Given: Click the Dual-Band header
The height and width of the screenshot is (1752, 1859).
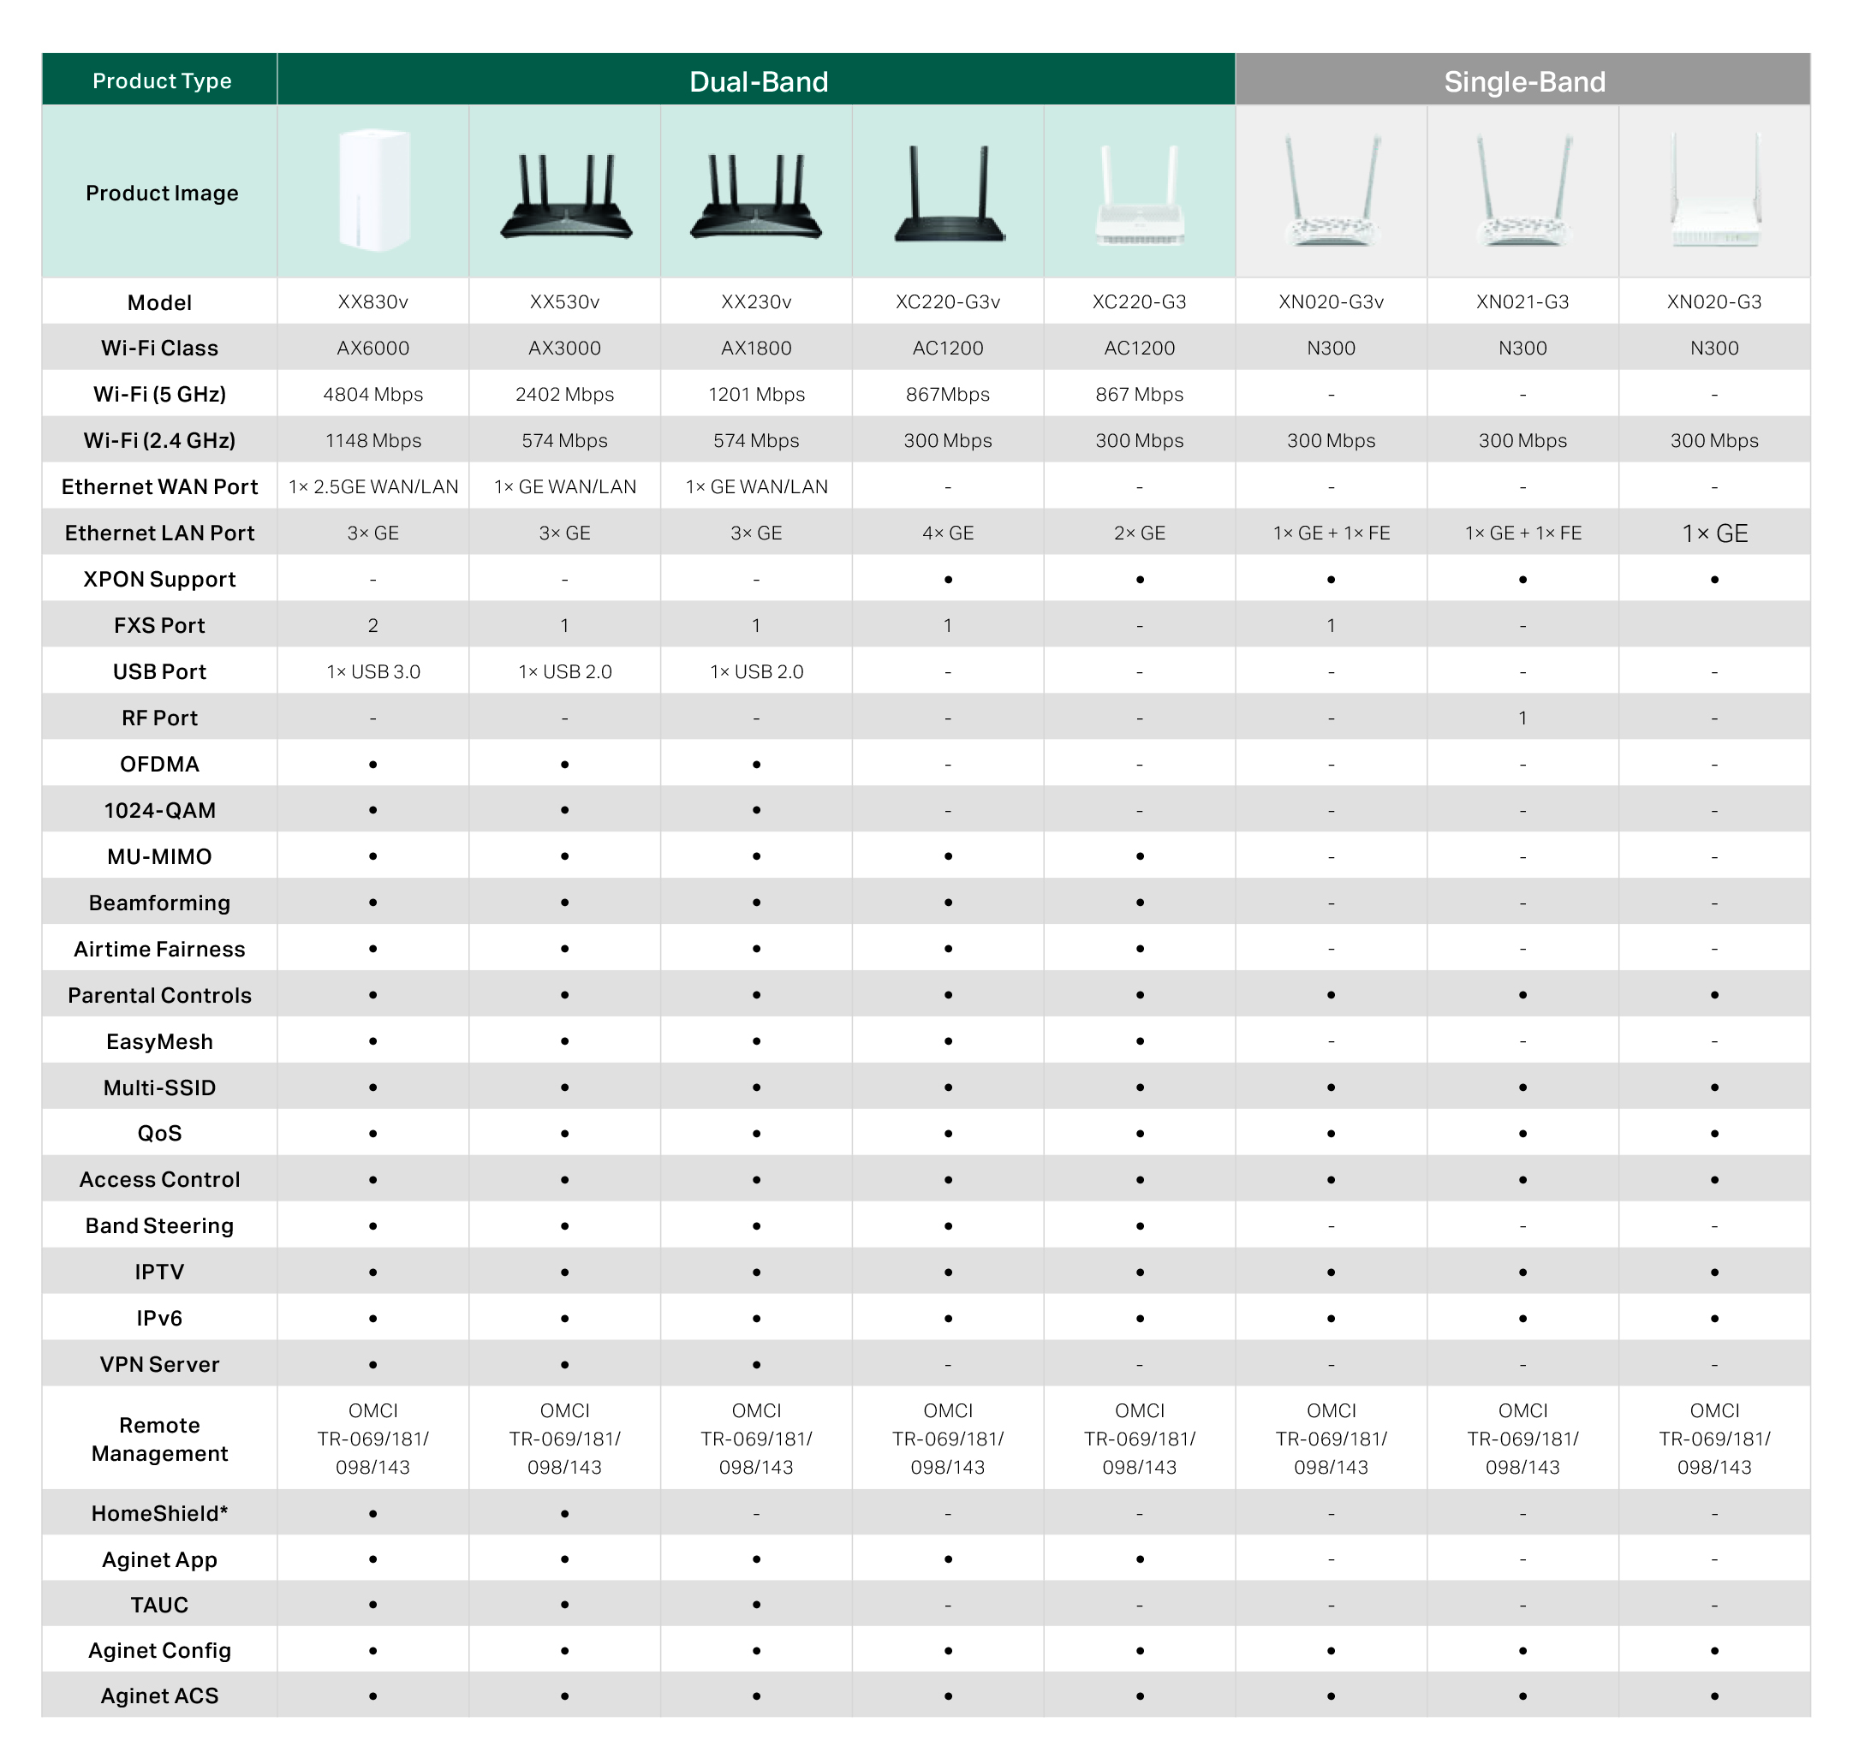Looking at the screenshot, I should coord(758,81).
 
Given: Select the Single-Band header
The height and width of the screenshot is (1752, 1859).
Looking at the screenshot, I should coord(1524,81).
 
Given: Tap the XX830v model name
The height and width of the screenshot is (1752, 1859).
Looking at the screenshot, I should coord(372,302).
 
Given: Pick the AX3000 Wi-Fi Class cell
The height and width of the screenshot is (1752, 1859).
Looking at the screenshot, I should coord(564,348).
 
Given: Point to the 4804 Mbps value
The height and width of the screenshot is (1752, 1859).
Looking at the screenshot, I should coord(372,395).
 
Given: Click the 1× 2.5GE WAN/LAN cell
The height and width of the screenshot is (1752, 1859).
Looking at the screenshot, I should coord(373,487).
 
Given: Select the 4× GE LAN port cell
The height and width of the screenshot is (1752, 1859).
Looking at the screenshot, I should coord(947,533).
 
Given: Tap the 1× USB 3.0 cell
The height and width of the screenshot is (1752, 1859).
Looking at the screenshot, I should coord(373,672).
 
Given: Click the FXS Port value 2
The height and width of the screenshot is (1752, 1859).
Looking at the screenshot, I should coord(372,625).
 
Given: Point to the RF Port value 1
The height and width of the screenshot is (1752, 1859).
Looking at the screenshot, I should coord(1522,718).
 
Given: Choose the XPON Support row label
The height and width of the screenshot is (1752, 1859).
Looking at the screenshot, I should coord(159,580).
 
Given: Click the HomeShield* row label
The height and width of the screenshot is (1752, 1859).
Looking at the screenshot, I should coord(159,1514).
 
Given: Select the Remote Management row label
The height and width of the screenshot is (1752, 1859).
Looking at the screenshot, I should coord(159,1439).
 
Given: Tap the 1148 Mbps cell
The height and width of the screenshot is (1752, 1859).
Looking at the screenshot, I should coord(372,440).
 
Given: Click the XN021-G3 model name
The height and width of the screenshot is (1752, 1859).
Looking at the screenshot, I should coord(1522,302).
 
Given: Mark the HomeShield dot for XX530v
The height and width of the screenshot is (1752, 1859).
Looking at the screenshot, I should coord(565,1514).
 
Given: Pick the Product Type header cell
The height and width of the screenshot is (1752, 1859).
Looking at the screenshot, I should coord(161,80).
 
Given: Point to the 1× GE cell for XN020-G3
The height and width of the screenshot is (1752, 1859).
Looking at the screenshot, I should coord(1714,533).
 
